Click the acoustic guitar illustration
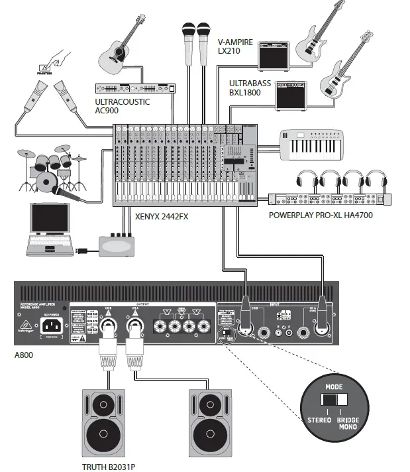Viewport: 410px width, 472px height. coord(120,48)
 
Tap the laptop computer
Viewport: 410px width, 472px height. coord(50,228)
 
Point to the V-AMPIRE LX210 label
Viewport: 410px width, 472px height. coord(236,46)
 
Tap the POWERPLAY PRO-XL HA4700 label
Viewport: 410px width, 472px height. coord(330,215)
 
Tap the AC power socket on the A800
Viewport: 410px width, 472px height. coord(53,325)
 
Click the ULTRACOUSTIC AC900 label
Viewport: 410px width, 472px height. coord(123,107)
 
